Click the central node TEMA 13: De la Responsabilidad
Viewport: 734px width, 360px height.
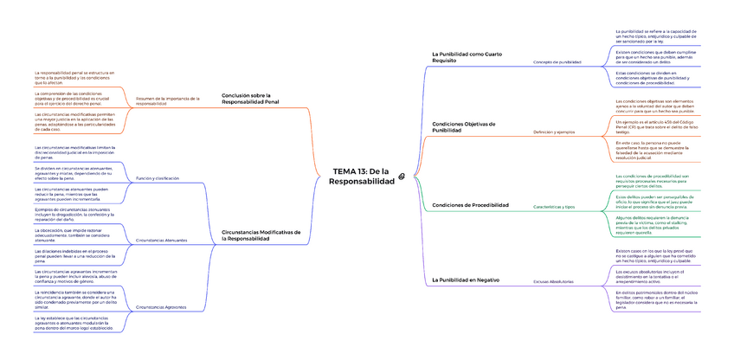click(363, 177)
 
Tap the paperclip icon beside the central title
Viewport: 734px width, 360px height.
click(401, 177)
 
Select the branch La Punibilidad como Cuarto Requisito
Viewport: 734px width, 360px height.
click(467, 57)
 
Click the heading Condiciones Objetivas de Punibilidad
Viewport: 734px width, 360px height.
click(463, 126)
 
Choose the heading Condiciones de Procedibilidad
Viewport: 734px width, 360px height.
click(470, 204)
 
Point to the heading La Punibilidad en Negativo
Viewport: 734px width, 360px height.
click(466, 280)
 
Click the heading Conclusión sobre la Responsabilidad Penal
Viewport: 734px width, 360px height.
click(250, 98)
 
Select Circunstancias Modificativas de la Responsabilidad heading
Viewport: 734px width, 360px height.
click(261, 235)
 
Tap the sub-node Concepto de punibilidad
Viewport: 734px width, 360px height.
click(557, 62)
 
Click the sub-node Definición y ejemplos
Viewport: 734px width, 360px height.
click(554, 132)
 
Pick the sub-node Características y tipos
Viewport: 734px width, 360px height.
click(554, 207)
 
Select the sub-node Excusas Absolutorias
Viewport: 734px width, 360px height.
click(552, 282)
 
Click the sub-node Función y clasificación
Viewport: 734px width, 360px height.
click(158, 177)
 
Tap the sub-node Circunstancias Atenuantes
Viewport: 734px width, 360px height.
click(162, 240)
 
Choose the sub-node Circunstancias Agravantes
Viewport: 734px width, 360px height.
click(161, 307)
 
